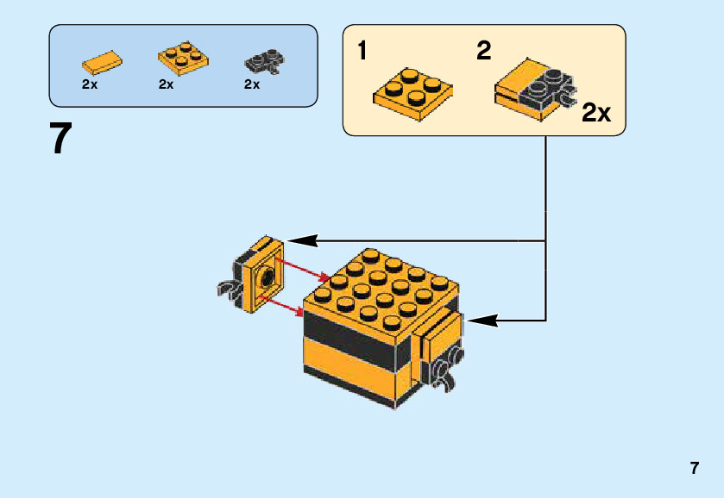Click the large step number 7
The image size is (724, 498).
[60, 139]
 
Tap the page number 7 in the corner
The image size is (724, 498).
[694, 469]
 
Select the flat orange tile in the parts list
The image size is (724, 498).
[102, 63]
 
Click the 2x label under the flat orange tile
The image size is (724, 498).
[90, 84]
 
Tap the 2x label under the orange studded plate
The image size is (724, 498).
[167, 84]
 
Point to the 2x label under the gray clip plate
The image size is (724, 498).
[252, 84]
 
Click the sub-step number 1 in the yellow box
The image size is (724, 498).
[362, 51]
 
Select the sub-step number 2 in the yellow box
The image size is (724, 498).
[484, 51]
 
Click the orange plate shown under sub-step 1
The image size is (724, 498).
[412, 93]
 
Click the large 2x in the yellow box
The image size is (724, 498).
[596, 113]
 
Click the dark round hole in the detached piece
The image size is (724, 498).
[267, 277]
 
